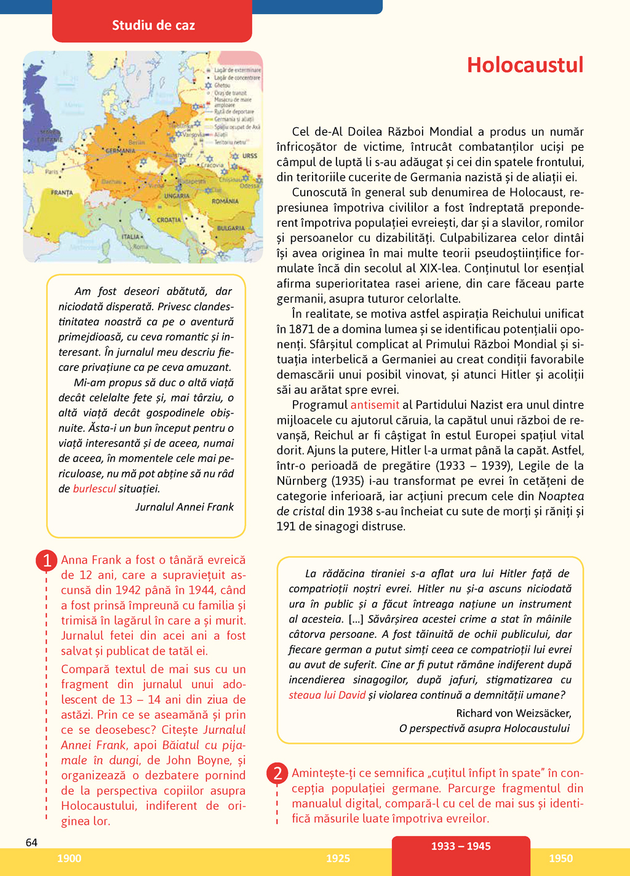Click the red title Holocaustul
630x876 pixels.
pyautogui.click(x=525, y=65)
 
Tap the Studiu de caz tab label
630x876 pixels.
pyautogui.click(x=153, y=26)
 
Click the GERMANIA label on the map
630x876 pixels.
pyautogui.click(x=120, y=151)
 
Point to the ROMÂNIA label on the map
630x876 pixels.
pyautogui.click(x=225, y=201)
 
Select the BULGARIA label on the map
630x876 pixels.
pyautogui.click(x=231, y=228)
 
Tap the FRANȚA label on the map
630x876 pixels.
pyautogui.click(x=62, y=193)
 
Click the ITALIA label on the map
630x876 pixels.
pyautogui.click(x=131, y=236)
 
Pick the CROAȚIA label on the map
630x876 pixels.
pyautogui.click(x=169, y=220)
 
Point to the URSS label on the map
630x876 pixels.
pyautogui.click(x=249, y=156)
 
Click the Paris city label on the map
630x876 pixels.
pyautogui.click(x=52, y=172)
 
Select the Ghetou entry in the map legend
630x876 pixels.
pyautogui.click(x=222, y=86)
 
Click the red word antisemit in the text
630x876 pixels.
pyautogui.click(x=375, y=405)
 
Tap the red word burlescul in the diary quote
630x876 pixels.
pyautogui.click(x=94, y=489)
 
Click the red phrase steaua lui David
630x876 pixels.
pyautogui.click(x=327, y=695)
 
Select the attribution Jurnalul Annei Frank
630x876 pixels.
pyautogui.click(x=185, y=507)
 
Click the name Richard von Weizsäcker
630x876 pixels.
pyautogui.click(x=514, y=713)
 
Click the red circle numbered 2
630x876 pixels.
pyautogui.click(x=277, y=773)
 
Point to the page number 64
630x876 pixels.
pyautogui.click(x=32, y=843)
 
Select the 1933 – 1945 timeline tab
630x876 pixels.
pyautogui.click(x=461, y=846)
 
